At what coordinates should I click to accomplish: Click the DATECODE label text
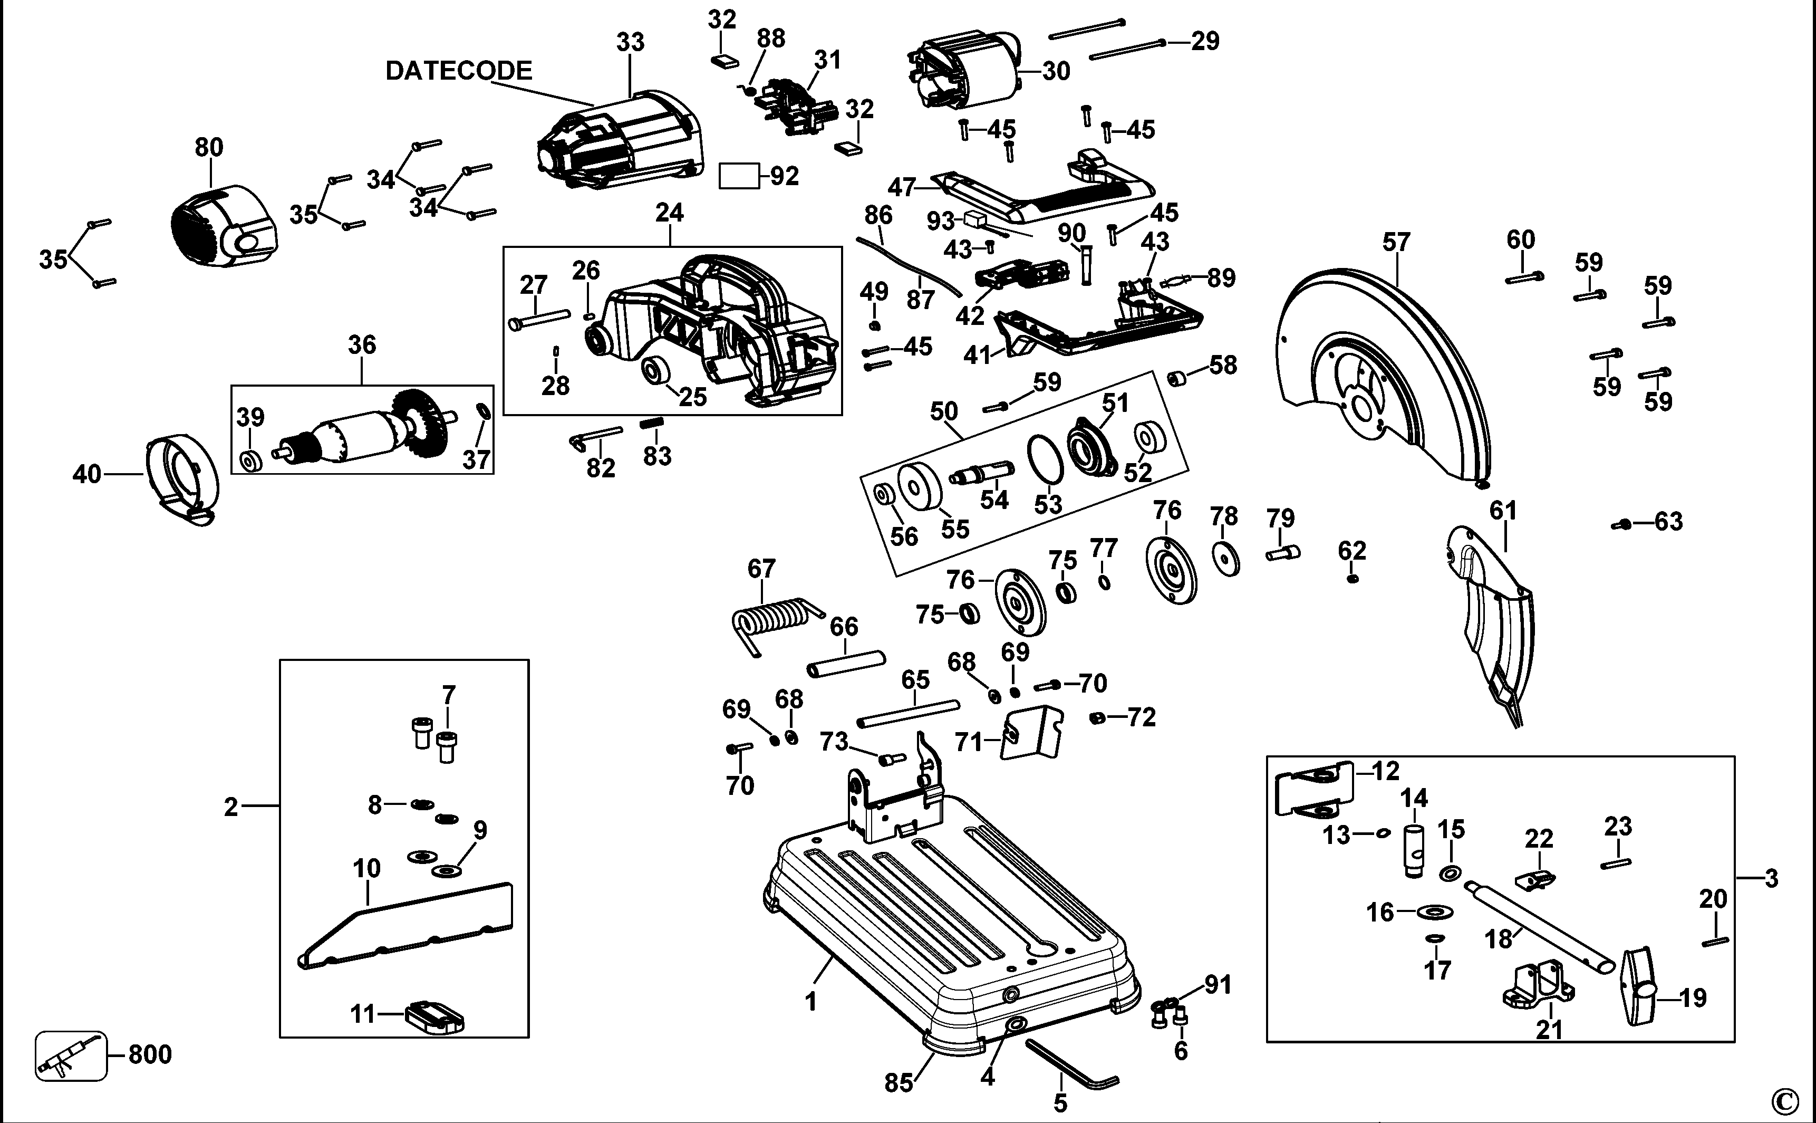(x=459, y=71)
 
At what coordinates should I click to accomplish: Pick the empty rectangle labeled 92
(x=739, y=177)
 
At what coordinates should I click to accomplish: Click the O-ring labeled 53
(x=1045, y=460)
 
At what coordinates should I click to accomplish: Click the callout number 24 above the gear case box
(x=670, y=213)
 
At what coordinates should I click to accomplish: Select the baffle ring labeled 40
(x=182, y=479)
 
